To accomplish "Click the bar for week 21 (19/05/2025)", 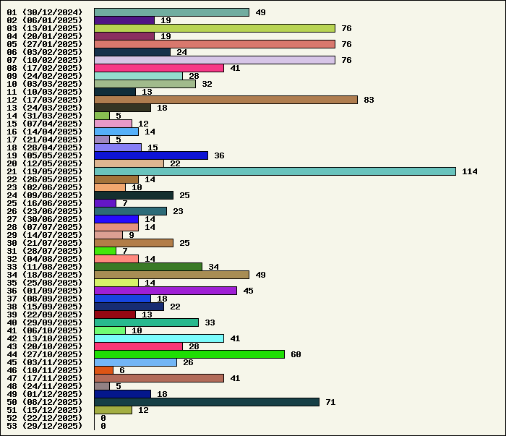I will tap(275, 171).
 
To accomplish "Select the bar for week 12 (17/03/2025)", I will tap(226, 100).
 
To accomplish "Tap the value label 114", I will tap(470, 171).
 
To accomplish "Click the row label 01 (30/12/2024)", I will tap(45, 12).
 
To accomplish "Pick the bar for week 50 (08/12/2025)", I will tap(207, 402).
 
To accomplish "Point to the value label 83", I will tap(369, 100).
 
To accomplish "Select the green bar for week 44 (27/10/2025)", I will tap(189, 354).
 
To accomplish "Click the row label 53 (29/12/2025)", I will tap(45, 426).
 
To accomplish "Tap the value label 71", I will tap(330, 402).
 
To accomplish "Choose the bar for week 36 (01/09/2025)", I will tap(166, 291).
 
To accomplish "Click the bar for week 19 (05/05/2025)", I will tap(151, 155).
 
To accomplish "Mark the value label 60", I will tap(296, 354).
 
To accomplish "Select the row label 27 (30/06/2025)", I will tap(45, 219).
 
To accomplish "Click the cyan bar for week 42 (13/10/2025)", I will tap(159, 338).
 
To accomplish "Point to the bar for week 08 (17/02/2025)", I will tap(159, 68).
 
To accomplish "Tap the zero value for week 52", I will tap(103, 418).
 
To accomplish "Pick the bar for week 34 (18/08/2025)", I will tap(172, 275).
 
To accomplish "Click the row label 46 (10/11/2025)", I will tap(45, 370).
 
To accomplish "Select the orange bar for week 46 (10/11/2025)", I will tap(103, 370).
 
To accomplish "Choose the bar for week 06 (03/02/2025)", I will tap(132, 52).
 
